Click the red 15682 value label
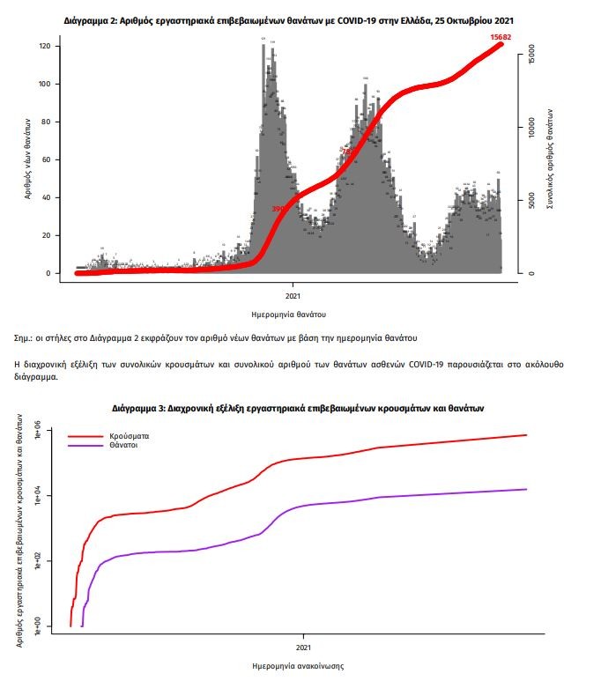coord(502,36)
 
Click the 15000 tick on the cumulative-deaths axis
coord(532,56)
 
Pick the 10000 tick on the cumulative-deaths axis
coord(532,128)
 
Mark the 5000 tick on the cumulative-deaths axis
coord(532,201)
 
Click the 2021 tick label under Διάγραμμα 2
coord(293,296)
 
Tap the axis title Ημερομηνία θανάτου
coord(288,314)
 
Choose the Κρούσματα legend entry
coord(129,436)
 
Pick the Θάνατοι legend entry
coord(124,446)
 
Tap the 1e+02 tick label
coord(37,561)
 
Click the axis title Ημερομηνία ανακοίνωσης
coord(297,666)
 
